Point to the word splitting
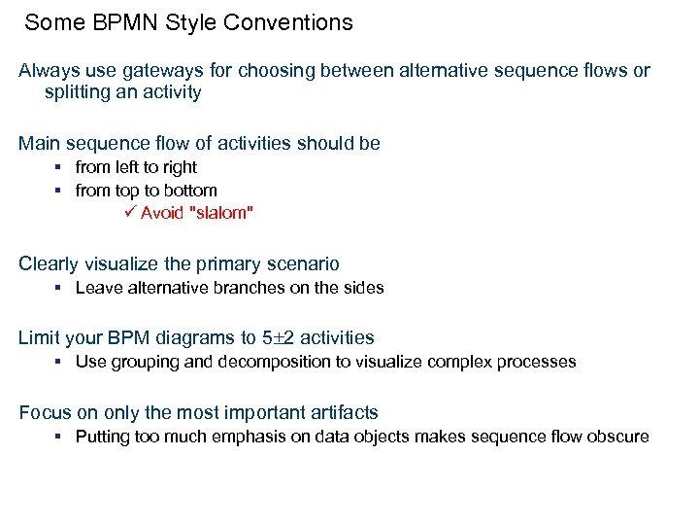(x=77, y=92)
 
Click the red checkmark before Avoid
(x=132, y=213)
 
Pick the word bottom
(x=192, y=191)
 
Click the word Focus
(x=42, y=412)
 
